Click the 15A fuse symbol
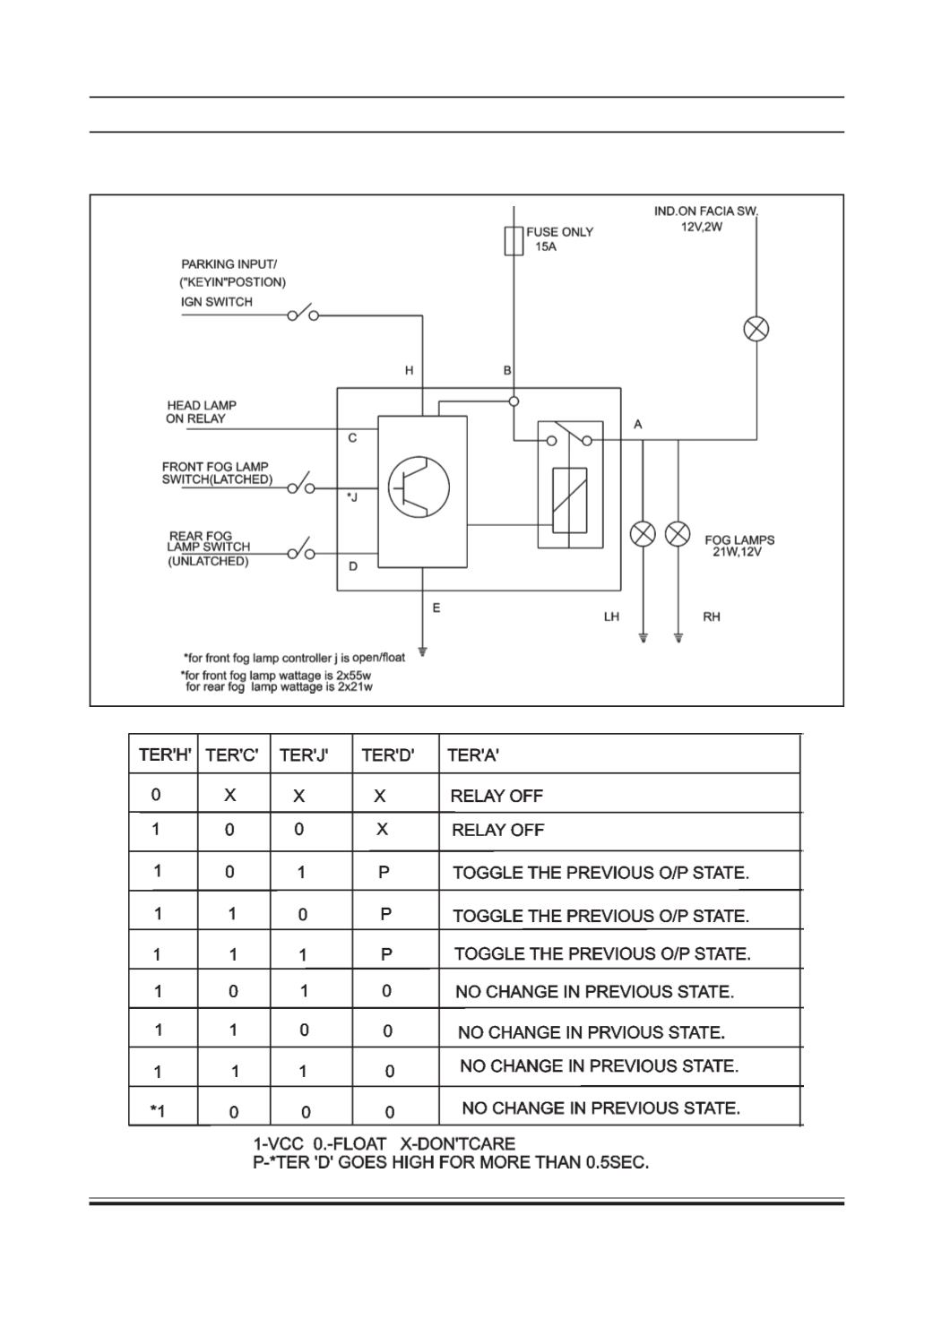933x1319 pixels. [x=514, y=241]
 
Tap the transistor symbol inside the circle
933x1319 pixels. [x=419, y=487]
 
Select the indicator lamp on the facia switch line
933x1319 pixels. [x=756, y=329]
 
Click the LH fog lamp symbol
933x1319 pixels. [x=643, y=534]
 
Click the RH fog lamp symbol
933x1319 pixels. [x=678, y=534]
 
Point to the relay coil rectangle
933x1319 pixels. [x=570, y=501]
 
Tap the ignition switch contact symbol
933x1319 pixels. [x=303, y=314]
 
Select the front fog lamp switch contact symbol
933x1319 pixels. [x=301, y=484]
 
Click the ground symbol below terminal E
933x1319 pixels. [x=422, y=651]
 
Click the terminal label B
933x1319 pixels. [x=507, y=370]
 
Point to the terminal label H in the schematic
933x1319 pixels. [x=409, y=370]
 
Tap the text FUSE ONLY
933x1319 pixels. [x=559, y=232]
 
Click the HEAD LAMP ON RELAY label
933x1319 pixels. [x=201, y=412]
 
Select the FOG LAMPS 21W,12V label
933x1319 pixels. [x=739, y=546]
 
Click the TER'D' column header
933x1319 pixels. [x=387, y=754]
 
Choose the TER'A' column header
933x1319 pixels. [x=473, y=754]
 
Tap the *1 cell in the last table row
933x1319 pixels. [x=158, y=1111]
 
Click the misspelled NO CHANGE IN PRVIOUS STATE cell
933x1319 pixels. [x=592, y=1032]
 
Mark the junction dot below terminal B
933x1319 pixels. [x=514, y=401]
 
